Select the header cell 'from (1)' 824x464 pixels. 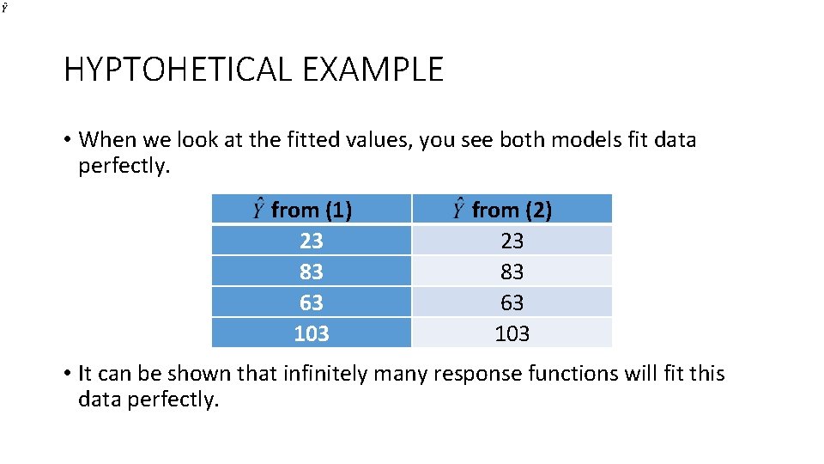pyautogui.click(x=312, y=210)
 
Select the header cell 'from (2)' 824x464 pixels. pyautogui.click(x=512, y=210)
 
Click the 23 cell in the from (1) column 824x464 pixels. pyautogui.click(x=312, y=241)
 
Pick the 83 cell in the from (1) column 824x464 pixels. pyautogui.click(x=312, y=272)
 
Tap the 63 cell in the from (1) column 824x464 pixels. pyautogui.click(x=312, y=302)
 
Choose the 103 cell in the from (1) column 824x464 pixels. pyautogui.click(x=312, y=333)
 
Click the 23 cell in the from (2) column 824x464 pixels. pyautogui.click(x=512, y=241)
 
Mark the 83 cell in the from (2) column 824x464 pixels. pyautogui.click(x=512, y=272)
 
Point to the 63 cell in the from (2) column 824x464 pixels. pyautogui.click(x=512, y=302)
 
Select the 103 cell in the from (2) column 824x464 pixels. pyautogui.click(x=512, y=333)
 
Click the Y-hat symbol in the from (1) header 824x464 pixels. pyautogui.click(x=258, y=208)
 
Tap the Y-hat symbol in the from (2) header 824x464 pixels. pyautogui.click(x=459, y=208)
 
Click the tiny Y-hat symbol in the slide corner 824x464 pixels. pyautogui.click(x=5, y=7)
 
